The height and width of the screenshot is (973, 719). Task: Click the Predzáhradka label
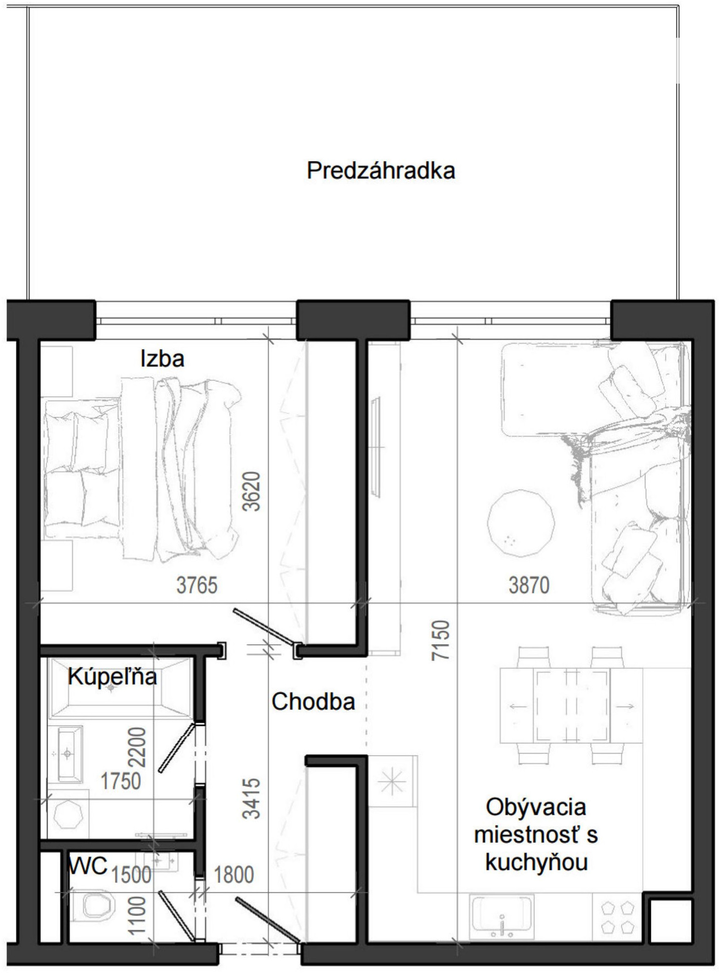click(381, 171)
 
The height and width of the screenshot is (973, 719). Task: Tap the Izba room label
click(162, 358)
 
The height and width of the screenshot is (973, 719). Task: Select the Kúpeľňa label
click(112, 676)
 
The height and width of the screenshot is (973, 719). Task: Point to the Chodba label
click(313, 702)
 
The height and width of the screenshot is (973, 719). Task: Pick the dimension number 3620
click(252, 491)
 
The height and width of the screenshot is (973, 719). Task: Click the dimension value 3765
click(197, 585)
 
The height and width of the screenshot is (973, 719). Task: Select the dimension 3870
click(529, 585)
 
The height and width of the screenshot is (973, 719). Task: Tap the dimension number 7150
click(440, 640)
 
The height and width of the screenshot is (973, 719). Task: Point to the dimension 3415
click(252, 798)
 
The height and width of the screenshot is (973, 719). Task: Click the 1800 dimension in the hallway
click(234, 875)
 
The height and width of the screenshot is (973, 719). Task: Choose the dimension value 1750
click(121, 781)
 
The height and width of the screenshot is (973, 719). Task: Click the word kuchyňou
click(536, 862)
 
